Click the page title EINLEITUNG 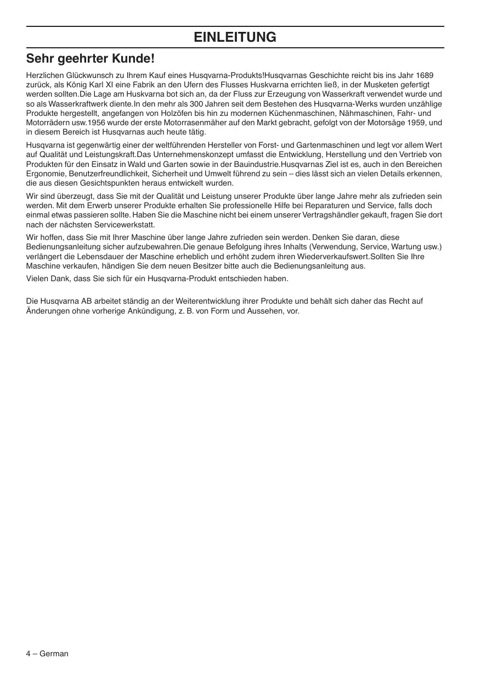coord(235,37)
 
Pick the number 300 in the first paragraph coord(197,104)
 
